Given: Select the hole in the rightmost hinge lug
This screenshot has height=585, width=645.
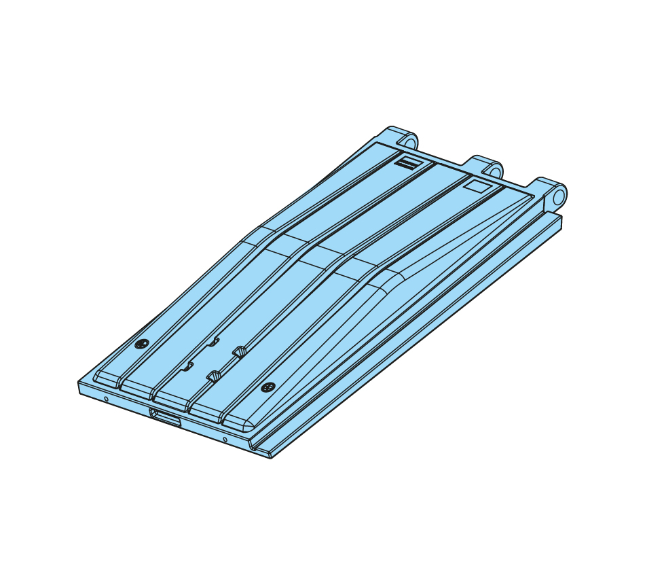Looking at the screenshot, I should click(x=558, y=196).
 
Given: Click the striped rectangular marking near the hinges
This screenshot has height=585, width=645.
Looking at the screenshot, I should click(x=409, y=163).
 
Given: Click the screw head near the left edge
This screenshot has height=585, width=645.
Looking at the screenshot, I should click(x=141, y=344).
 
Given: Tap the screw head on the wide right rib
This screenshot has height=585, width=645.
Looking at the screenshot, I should click(x=268, y=387).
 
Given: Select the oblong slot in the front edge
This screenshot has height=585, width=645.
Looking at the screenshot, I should click(x=166, y=418).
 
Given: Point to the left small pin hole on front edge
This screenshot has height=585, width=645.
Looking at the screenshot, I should click(x=106, y=399).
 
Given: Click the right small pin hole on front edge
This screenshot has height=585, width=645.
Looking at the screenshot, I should click(x=225, y=439).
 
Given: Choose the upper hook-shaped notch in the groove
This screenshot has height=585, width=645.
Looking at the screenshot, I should click(x=214, y=341).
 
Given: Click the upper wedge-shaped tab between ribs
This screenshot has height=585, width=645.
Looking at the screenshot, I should click(x=239, y=351).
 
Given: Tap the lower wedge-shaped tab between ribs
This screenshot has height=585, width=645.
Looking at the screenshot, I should click(x=213, y=375).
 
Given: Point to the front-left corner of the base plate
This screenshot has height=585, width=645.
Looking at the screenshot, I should click(x=79, y=383).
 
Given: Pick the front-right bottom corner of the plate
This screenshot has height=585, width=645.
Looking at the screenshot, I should click(x=271, y=457).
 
